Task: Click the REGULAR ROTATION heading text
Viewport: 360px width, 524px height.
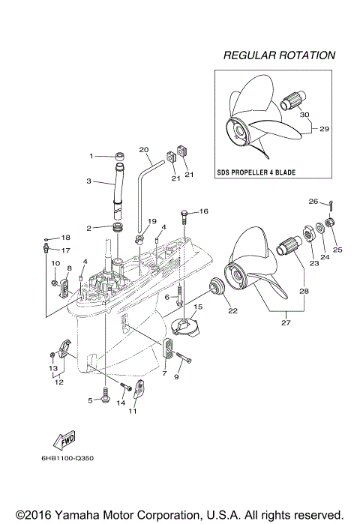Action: coord(279,55)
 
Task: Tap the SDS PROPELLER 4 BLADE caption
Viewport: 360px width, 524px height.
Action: coord(256,172)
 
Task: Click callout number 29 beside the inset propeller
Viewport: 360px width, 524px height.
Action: coord(324,129)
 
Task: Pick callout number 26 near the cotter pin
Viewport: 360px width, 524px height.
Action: coord(314,201)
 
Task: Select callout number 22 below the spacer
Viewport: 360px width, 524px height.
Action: coord(232,311)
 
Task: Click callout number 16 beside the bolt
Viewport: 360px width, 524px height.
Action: coord(203,212)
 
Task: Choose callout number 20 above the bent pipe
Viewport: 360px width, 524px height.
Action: coord(144,149)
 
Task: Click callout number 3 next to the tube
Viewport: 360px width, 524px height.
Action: coord(88,181)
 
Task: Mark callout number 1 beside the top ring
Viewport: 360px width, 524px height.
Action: coord(91,156)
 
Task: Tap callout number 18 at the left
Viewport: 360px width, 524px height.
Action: coord(65,237)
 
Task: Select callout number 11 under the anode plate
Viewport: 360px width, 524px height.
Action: coord(133,412)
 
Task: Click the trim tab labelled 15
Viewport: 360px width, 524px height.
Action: coord(184,326)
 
